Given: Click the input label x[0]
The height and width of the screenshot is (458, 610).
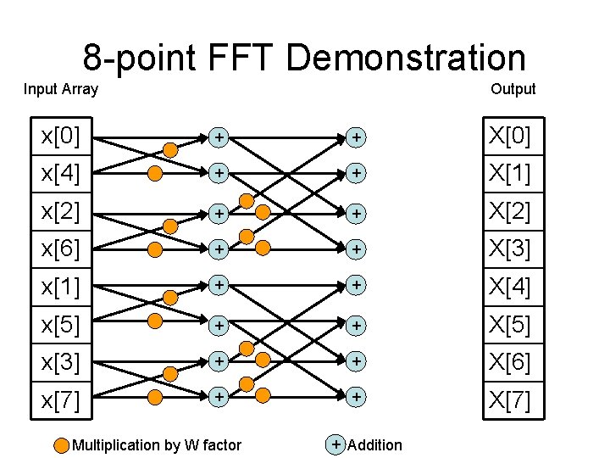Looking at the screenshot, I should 60,136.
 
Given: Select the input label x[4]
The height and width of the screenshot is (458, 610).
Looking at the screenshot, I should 60,174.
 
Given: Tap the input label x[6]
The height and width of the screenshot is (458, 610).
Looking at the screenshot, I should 60,249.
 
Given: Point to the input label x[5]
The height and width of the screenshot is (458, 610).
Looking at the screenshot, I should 60,324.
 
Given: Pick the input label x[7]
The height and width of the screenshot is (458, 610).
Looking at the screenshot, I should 60,399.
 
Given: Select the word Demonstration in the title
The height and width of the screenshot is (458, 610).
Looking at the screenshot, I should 406,59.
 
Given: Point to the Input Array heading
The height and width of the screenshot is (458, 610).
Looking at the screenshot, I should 61,89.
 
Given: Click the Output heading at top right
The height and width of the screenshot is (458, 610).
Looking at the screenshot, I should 513,89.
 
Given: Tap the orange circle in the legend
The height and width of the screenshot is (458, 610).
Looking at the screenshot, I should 62,444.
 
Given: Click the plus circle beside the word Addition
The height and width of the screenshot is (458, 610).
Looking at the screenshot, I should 336,444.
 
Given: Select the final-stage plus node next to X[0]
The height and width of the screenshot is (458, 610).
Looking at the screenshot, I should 357,136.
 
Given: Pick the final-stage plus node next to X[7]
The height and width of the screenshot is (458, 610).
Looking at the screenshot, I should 357,396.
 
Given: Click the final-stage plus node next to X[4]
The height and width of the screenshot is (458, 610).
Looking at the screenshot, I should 357,286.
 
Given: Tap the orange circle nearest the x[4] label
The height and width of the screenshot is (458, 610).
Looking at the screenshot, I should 155,175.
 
